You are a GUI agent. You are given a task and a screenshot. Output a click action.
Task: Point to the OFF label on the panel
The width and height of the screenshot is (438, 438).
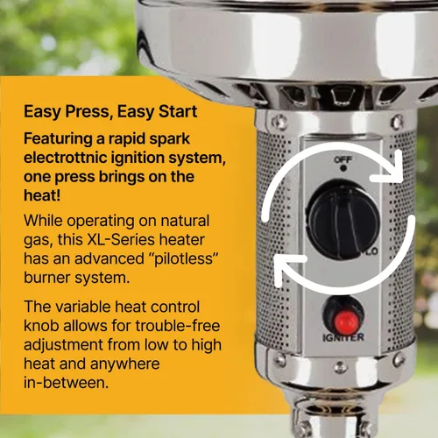pyautogui.click(x=343, y=159)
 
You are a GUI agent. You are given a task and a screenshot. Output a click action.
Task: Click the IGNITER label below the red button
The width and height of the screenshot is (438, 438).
pyautogui.click(x=343, y=337)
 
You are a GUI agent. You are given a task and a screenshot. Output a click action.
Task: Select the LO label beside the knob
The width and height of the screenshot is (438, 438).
pyautogui.click(x=371, y=251)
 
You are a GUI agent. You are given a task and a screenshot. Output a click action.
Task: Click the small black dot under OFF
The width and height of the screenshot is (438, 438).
pyautogui.click(x=343, y=168)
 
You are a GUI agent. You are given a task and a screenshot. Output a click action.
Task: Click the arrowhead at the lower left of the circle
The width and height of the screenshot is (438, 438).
pyautogui.click(x=289, y=270)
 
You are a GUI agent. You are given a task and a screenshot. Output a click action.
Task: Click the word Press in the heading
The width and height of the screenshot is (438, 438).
pyautogui.click(x=87, y=112)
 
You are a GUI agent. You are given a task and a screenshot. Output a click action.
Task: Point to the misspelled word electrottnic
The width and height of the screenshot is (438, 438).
pyautogui.click(x=66, y=158)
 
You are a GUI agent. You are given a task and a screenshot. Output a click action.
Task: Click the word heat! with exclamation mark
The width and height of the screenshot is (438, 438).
pyautogui.click(x=42, y=195)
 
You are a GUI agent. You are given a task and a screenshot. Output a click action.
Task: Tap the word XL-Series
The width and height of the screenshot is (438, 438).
pyautogui.click(x=121, y=240)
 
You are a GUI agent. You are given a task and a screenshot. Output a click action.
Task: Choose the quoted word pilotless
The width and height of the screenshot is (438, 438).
pyautogui.click(x=181, y=259)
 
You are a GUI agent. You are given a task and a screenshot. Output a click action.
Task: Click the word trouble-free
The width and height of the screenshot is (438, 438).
pyautogui.click(x=178, y=326)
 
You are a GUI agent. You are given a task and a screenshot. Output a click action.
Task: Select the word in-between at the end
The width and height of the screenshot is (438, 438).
pyautogui.click(x=66, y=383)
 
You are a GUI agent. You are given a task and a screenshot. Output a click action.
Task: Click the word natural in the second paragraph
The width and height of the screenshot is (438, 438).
pyautogui.click(x=185, y=221)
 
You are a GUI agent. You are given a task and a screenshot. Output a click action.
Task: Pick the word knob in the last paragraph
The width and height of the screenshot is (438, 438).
pyautogui.click(x=41, y=326)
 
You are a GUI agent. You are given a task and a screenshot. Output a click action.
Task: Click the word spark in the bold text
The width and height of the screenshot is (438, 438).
pyautogui.click(x=169, y=139)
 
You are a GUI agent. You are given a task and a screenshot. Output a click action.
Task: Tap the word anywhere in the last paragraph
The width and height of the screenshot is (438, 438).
pyautogui.click(x=125, y=364)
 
